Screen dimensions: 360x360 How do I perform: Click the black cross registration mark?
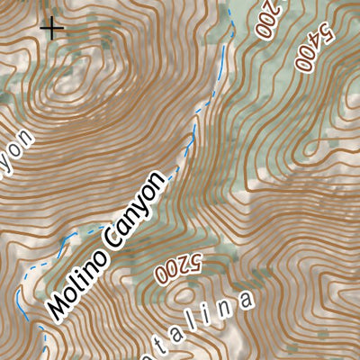point(53,28)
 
